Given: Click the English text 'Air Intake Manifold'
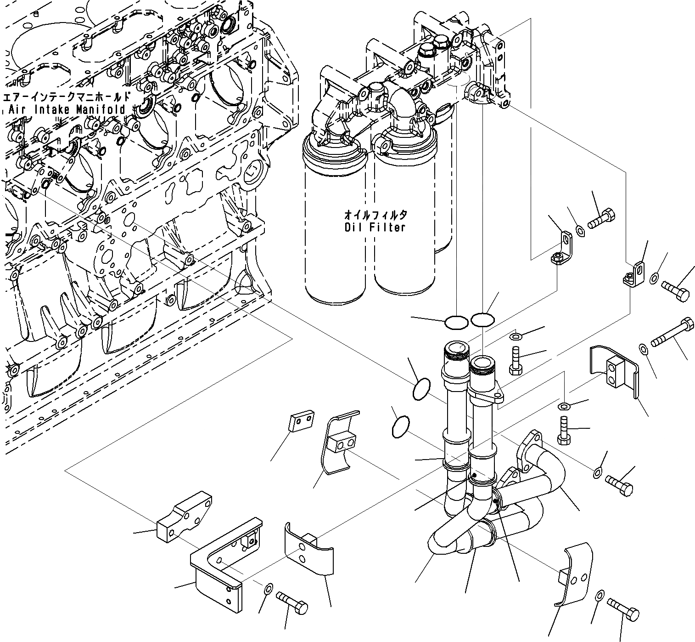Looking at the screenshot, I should click(x=67, y=110).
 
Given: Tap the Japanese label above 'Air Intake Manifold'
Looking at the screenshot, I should click(x=67, y=97).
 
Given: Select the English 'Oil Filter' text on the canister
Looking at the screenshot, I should click(x=375, y=227).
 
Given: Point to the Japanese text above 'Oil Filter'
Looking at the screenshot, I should click(x=375, y=215).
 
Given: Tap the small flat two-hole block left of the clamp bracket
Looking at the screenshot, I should click(x=301, y=421).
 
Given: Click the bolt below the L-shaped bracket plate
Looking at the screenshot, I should click(x=291, y=602).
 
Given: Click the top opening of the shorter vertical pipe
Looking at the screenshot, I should click(x=482, y=363).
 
